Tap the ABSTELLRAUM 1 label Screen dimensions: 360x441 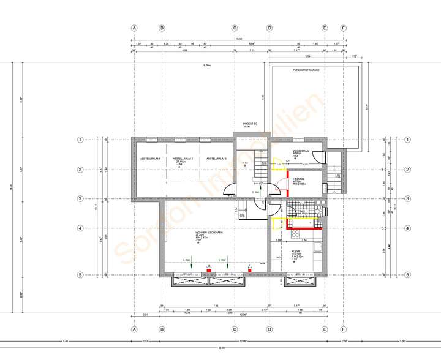(x=147, y=159)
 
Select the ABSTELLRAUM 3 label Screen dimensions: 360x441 (x=217, y=159)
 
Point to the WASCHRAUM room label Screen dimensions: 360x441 (x=300, y=151)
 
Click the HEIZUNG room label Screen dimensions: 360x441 (x=298, y=179)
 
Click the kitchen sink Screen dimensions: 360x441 (x=317, y=247)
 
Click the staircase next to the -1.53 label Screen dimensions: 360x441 (x=260, y=161)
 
